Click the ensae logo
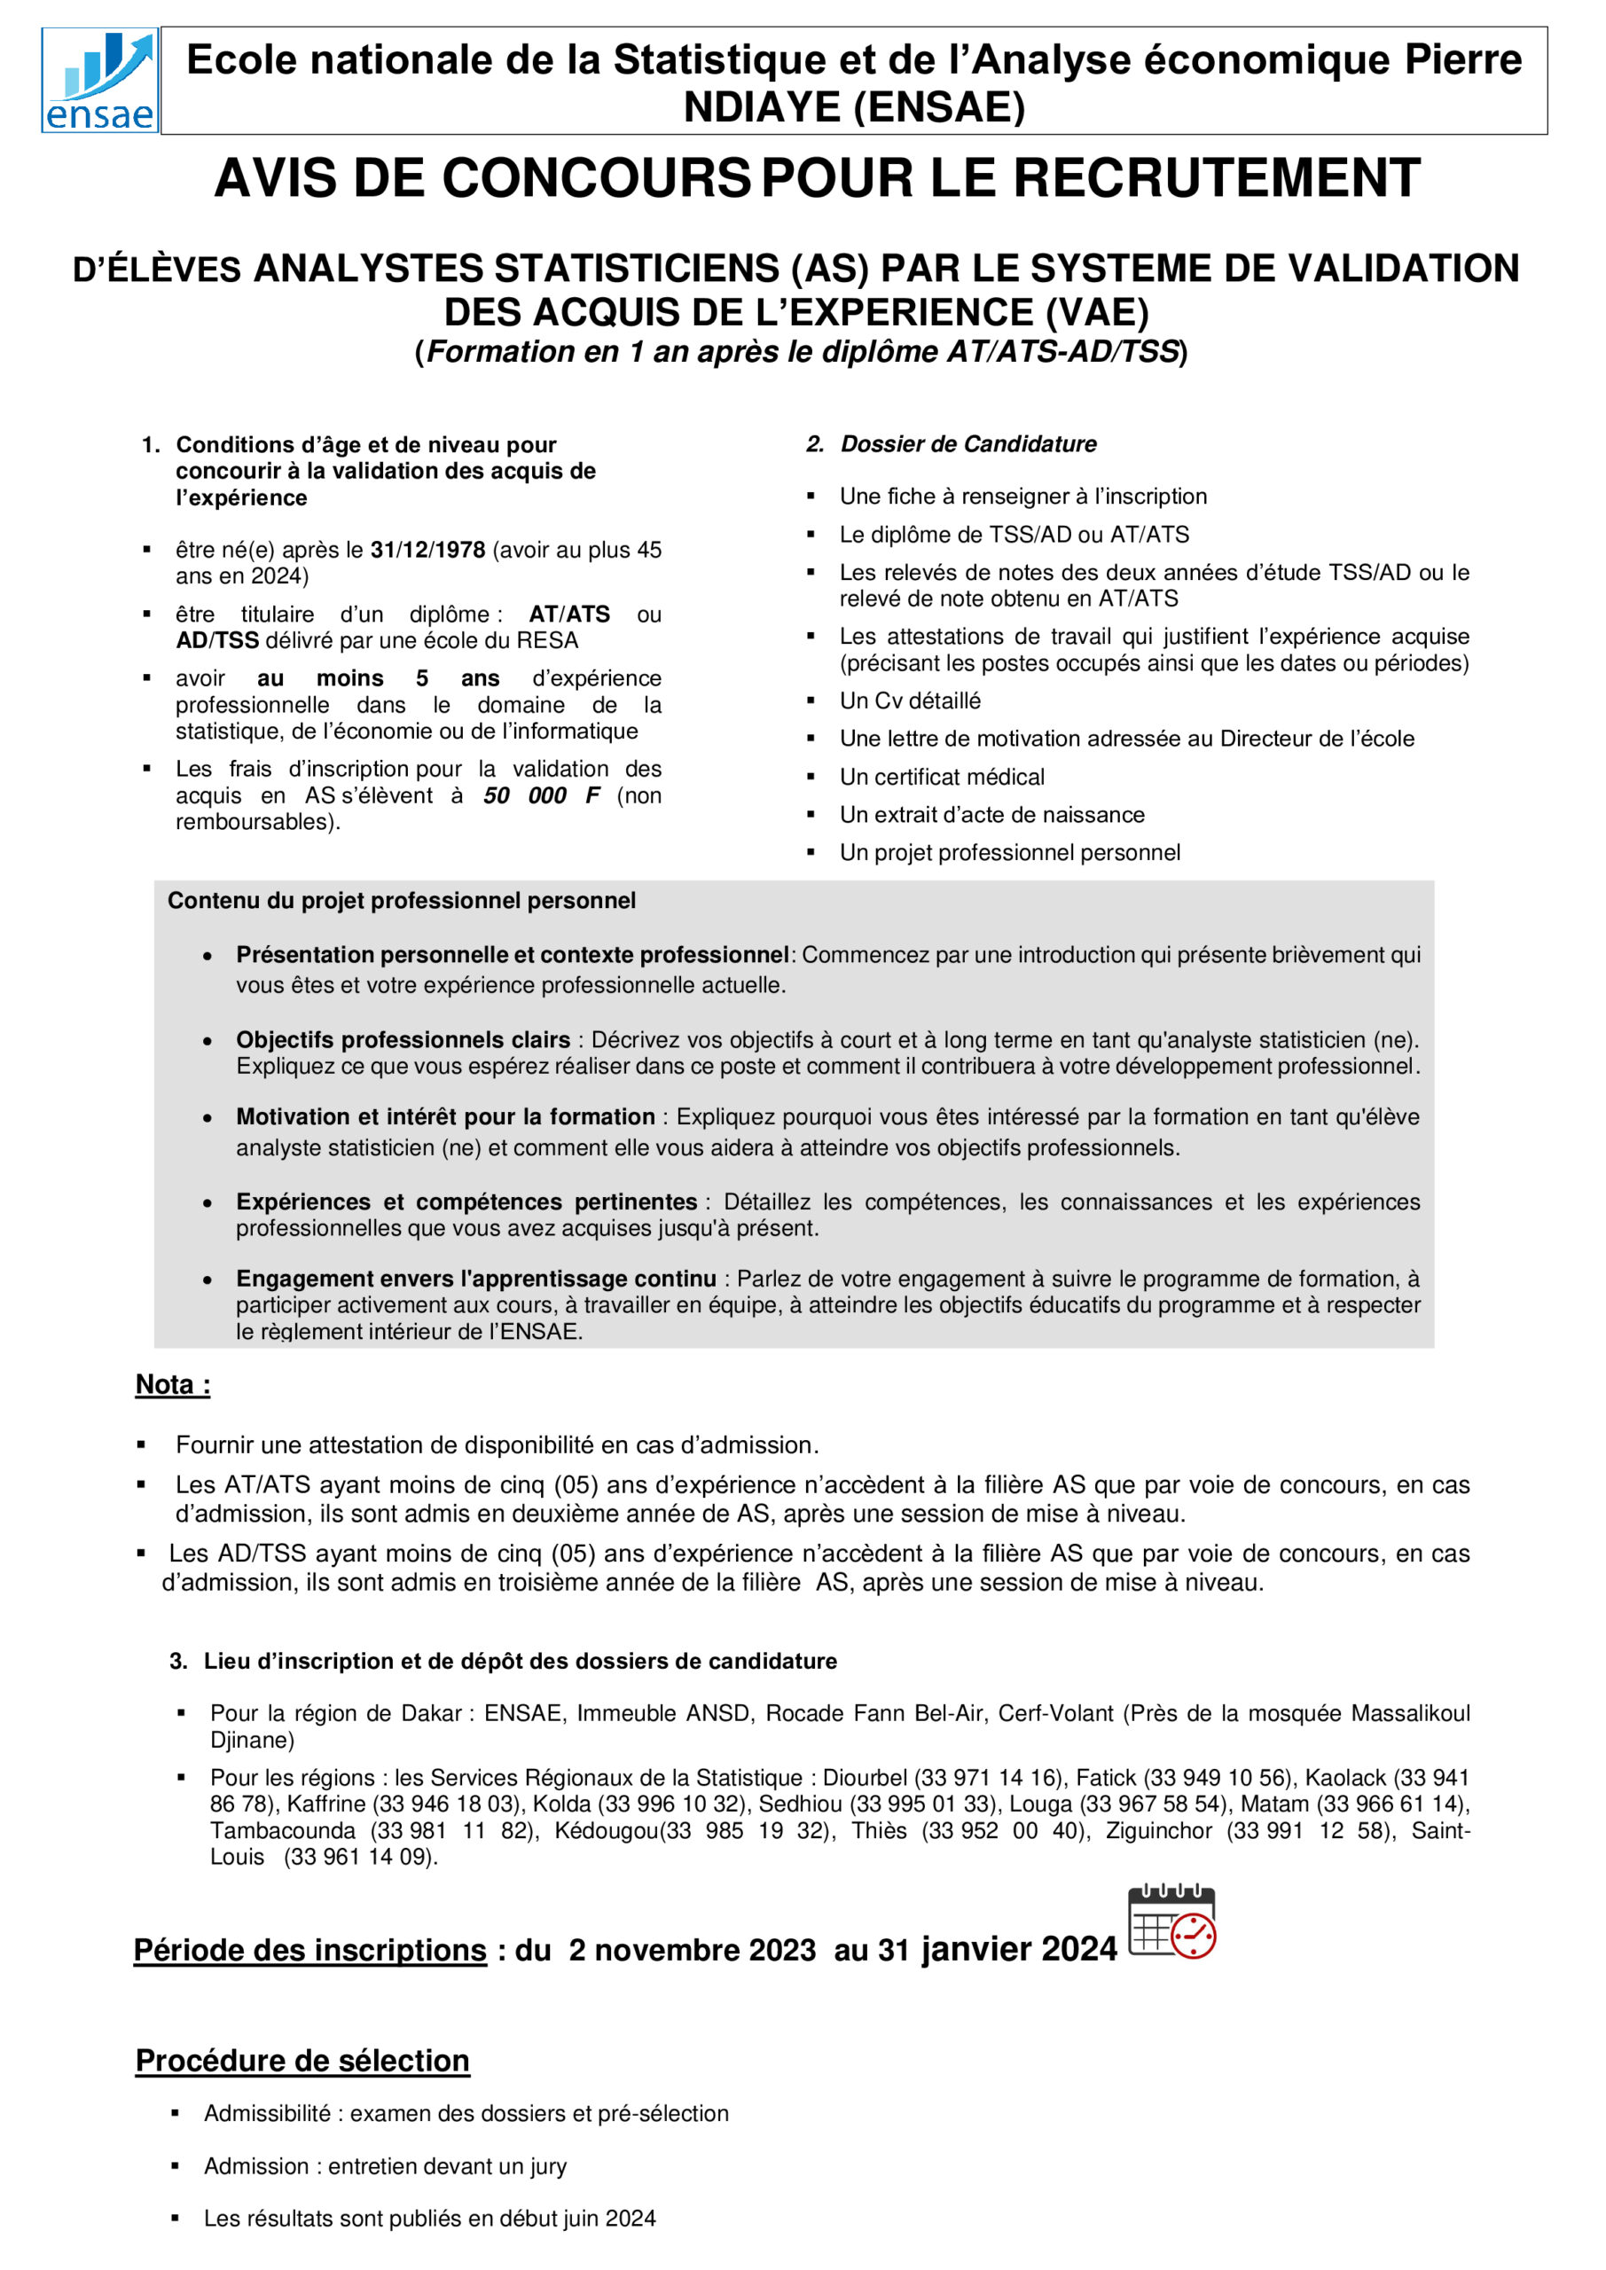(99, 81)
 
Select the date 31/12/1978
(427, 550)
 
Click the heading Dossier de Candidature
(968, 444)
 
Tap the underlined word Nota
(172, 1384)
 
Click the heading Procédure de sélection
(302, 2061)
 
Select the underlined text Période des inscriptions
(309, 1950)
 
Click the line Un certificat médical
(942, 777)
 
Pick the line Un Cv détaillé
(910, 701)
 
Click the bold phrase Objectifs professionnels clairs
(403, 1040)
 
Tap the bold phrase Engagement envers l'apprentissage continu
(475, 1279)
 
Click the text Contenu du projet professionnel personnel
(401, 901)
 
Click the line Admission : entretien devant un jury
(385, 2166)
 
